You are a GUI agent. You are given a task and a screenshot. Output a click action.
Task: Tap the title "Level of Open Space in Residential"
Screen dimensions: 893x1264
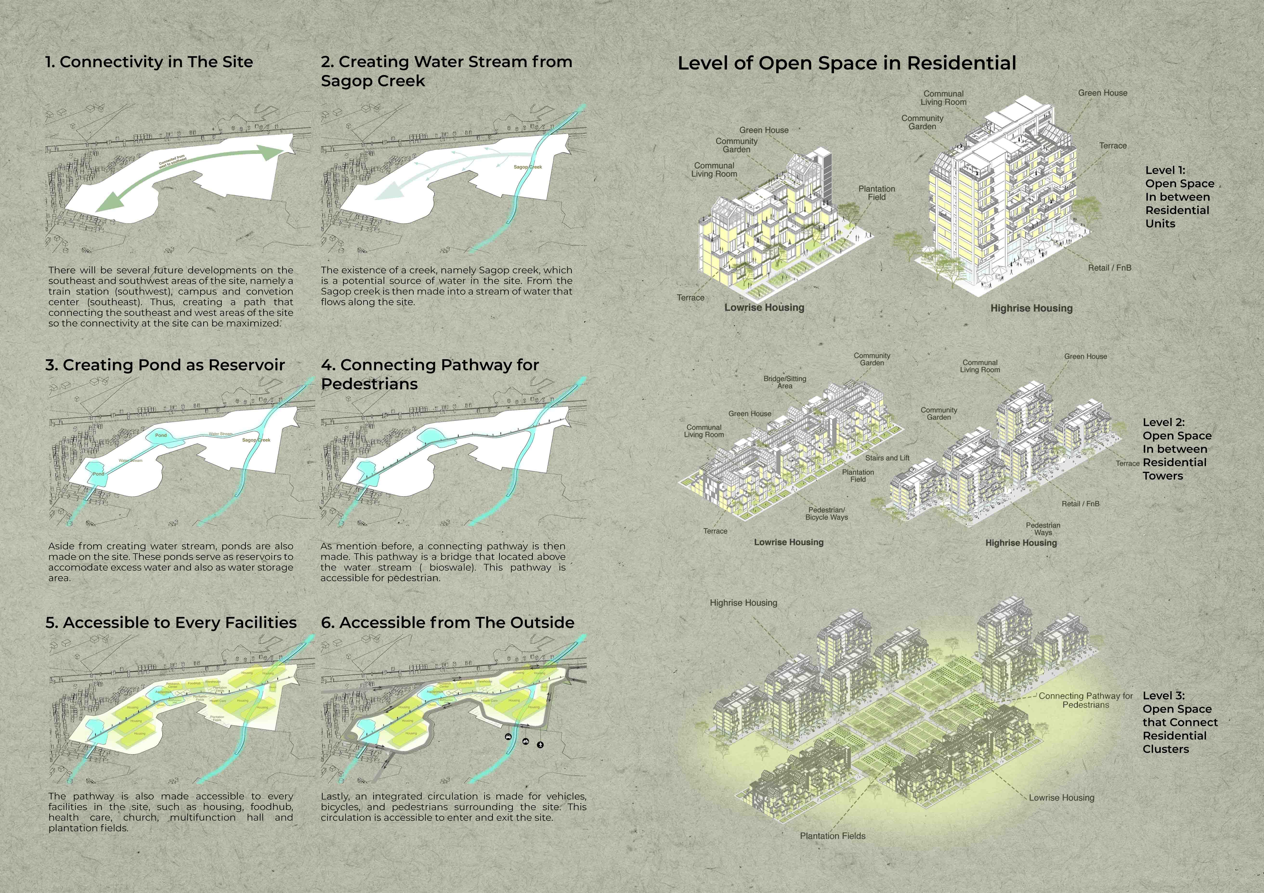[x=847, y=63]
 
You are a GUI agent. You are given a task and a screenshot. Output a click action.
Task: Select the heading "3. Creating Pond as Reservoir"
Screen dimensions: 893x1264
[x=165, y=365]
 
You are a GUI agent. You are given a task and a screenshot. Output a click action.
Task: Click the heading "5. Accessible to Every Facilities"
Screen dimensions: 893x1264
[x=171, y=622]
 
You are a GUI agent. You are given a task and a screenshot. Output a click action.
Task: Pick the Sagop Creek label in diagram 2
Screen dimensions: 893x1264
[x=528, y=167]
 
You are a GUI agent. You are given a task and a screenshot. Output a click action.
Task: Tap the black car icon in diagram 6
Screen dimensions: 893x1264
[x=508, y=737]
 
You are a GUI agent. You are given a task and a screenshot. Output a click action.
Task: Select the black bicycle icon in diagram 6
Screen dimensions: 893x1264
[x=526, y=741]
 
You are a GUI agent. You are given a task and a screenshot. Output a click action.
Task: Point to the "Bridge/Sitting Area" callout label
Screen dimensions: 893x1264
[x=784, y=382]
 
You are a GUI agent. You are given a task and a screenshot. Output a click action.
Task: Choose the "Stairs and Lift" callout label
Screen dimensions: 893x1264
[x=887, y=458]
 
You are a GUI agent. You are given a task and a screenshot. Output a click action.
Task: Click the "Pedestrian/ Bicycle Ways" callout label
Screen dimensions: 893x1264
[x=826, y=513]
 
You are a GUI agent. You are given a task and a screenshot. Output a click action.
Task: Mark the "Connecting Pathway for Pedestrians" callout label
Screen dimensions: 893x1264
[x=1086, y=700]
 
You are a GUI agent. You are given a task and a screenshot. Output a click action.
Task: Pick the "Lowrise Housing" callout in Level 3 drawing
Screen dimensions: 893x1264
[x=1062, y=797]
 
